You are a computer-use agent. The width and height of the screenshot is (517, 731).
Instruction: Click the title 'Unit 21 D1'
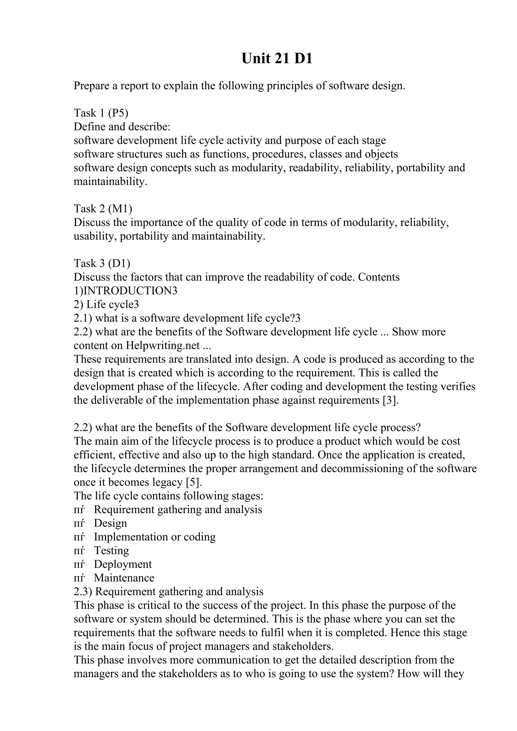click(277, 59)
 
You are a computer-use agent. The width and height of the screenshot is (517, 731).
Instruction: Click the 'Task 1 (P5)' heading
click(101, 113)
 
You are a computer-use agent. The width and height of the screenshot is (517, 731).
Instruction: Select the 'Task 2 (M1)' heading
click(103, 209)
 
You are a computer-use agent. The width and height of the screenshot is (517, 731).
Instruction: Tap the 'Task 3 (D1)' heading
click(102, 263)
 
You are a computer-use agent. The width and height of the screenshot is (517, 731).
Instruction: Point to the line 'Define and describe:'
click(122, 126)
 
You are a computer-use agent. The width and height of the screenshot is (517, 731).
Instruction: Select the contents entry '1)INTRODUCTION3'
click(125, 291)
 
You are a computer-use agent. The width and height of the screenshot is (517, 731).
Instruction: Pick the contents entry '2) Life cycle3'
click(106, 304)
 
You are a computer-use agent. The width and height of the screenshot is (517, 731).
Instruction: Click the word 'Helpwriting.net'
click(163, 345)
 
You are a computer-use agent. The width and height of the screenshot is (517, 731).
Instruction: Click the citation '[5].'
click(194, 482)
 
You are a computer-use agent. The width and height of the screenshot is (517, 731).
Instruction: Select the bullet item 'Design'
click(110, 523)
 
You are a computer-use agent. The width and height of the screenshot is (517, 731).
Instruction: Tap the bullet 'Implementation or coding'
click(154, 537)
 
